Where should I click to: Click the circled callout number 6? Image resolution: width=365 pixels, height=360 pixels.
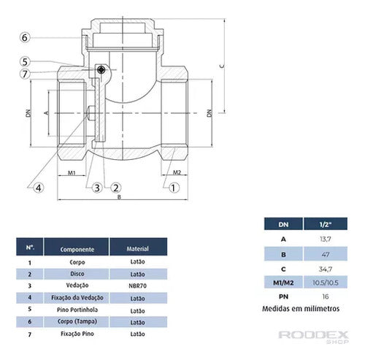25,38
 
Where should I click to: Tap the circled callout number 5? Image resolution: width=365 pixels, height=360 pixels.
25,61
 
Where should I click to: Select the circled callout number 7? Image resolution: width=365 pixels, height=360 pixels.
25,74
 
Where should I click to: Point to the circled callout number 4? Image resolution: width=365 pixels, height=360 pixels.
39,188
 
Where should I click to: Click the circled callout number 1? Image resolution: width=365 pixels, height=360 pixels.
174,188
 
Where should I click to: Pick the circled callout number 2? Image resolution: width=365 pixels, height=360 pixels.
116,188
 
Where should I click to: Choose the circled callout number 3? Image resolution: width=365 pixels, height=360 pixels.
97,188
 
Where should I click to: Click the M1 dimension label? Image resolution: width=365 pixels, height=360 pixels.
72,173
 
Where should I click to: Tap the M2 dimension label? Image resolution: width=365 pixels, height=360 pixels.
177,172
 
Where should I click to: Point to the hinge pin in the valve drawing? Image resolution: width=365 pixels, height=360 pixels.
101,70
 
